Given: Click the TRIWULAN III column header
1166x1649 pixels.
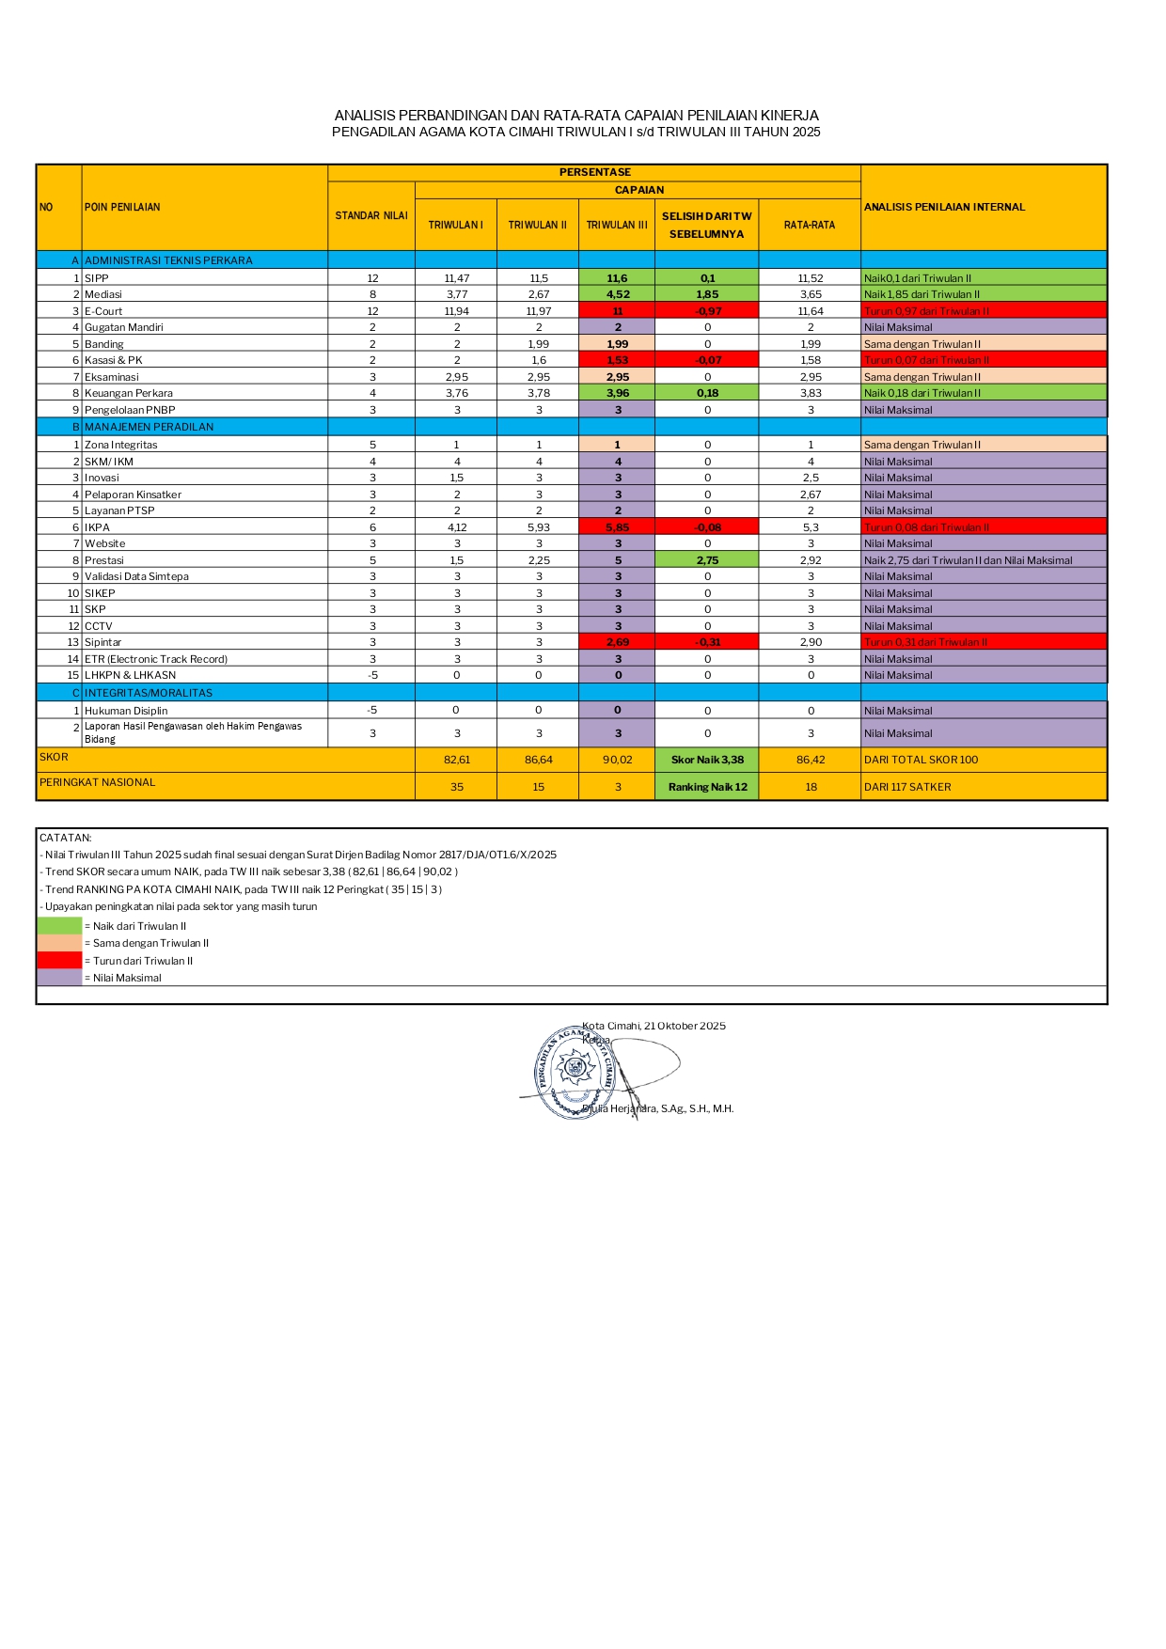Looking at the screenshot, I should pyautogui.click(x=617, y=226).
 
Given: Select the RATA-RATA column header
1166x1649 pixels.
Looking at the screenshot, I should pyautogui.click(x=810, y=226).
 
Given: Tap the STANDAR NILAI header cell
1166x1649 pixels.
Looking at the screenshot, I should pyautogui.click(x=371, y=216).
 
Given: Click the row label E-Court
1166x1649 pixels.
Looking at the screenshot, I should pyautogui.click(x=103, y=311).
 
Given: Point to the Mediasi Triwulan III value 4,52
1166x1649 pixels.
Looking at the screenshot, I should pyautogui.click(x=618, y=294).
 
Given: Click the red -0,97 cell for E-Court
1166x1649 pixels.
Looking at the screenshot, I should pyautogui.click(x=707, y=311).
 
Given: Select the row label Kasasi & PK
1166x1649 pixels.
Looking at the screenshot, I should pyautogui.click(x=114, y=360).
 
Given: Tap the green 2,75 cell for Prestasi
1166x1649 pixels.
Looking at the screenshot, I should pyautogui.click(x=707, y=560).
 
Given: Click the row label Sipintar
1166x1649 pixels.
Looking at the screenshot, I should pyautogui.click(x=103, y=642).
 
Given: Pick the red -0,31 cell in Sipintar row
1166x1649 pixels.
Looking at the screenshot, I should pyautogui.click(x=707, y=642).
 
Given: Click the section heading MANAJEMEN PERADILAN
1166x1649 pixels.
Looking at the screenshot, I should pyautogui.click(x=150, y=427).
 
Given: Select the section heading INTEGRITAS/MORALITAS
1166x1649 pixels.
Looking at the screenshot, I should pyautogui.click(x=149, y=693).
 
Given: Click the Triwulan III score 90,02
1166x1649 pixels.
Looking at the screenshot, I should pyautogui.click(x=618, y=760).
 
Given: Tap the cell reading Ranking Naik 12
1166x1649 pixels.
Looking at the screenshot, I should pyautogui.click(x=707, y=787).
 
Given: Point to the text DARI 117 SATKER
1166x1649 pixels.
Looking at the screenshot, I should pyautogui.click(x=907, y=787).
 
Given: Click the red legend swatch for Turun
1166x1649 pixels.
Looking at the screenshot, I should pyautogui.click(x=59, y=961).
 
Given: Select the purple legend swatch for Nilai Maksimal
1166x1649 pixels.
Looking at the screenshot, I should pyautogui.click(x=59, y=978).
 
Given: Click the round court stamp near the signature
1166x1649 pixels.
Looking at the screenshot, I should pyautogui.click(x=575, y=1072).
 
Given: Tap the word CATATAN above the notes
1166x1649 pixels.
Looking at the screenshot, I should pyautogui.click(x=66, y=838).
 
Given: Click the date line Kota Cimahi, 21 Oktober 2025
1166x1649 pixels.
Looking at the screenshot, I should pyautogui.click(x=654, y=1026).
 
